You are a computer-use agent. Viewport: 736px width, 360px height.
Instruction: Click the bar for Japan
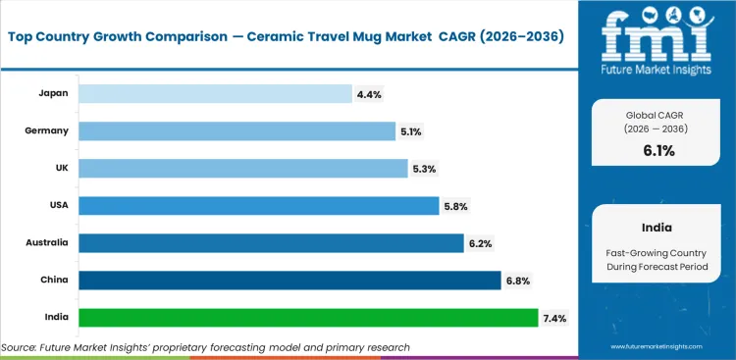click(214, 93)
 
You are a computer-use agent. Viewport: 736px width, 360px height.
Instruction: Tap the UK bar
click(241, 168)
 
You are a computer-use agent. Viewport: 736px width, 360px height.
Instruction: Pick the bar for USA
click(257, 205)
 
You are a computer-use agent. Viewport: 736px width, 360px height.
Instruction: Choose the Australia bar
click(270, 242)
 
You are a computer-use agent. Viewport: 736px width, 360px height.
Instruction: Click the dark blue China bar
click(289, 281)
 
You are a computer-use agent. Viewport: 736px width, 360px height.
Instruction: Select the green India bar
click(307, 318)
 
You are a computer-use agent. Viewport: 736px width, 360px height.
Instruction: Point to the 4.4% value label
click(370, 94)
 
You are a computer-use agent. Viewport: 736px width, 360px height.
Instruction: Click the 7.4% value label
click(556, 319)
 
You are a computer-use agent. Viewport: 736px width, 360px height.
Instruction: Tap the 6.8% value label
click(519, 282)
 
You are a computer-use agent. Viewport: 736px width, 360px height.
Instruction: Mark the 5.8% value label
click(456, 206)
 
